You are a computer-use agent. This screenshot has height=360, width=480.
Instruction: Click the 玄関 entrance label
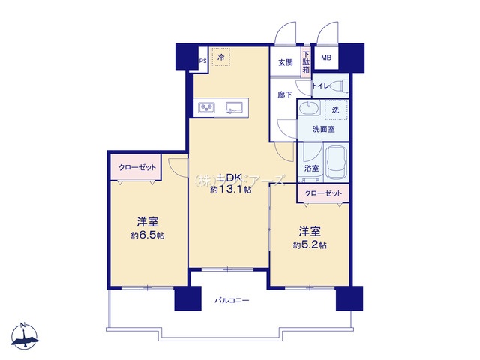(x=286, y=62)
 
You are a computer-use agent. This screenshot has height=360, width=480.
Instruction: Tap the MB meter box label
(x=326, y=58)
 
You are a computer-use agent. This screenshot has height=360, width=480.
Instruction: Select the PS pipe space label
(x=202, y=61)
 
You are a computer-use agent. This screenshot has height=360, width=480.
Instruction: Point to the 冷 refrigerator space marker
(x=221, y=57)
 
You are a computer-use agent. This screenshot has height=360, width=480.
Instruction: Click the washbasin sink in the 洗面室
(x=307, y=111)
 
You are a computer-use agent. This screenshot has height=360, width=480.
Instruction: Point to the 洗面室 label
(x=323, y=129)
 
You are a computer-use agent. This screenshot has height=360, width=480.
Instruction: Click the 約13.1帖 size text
(x=230, y=190)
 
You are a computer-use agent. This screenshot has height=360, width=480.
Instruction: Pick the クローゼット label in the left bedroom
(x=136, y=169)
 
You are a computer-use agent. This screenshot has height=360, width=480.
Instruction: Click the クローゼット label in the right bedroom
(x=324, y=193)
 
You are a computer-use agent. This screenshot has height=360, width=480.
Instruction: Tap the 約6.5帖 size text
(x=148, y=235)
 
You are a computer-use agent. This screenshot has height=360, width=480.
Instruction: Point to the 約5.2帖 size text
(x=309, y=244)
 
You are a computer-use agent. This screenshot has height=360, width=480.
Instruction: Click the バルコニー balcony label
(x=232, y=300)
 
